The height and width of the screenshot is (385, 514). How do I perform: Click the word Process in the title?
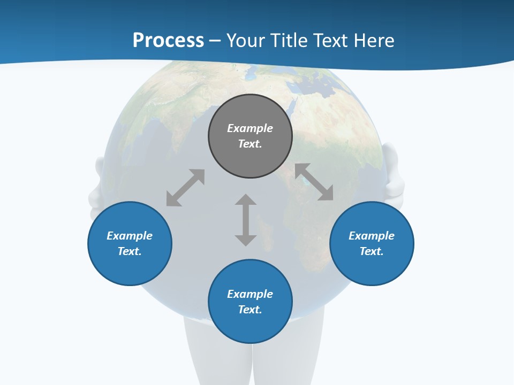168,41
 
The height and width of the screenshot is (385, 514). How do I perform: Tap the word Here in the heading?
374,41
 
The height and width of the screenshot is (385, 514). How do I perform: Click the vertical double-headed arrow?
246,220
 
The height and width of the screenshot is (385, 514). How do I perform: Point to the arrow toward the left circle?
185,188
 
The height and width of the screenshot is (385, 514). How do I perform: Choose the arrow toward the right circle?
314,182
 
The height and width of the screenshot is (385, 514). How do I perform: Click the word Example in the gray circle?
250,128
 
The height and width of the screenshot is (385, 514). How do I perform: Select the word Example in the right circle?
372,236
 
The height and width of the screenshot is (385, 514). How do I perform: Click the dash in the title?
215,41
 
